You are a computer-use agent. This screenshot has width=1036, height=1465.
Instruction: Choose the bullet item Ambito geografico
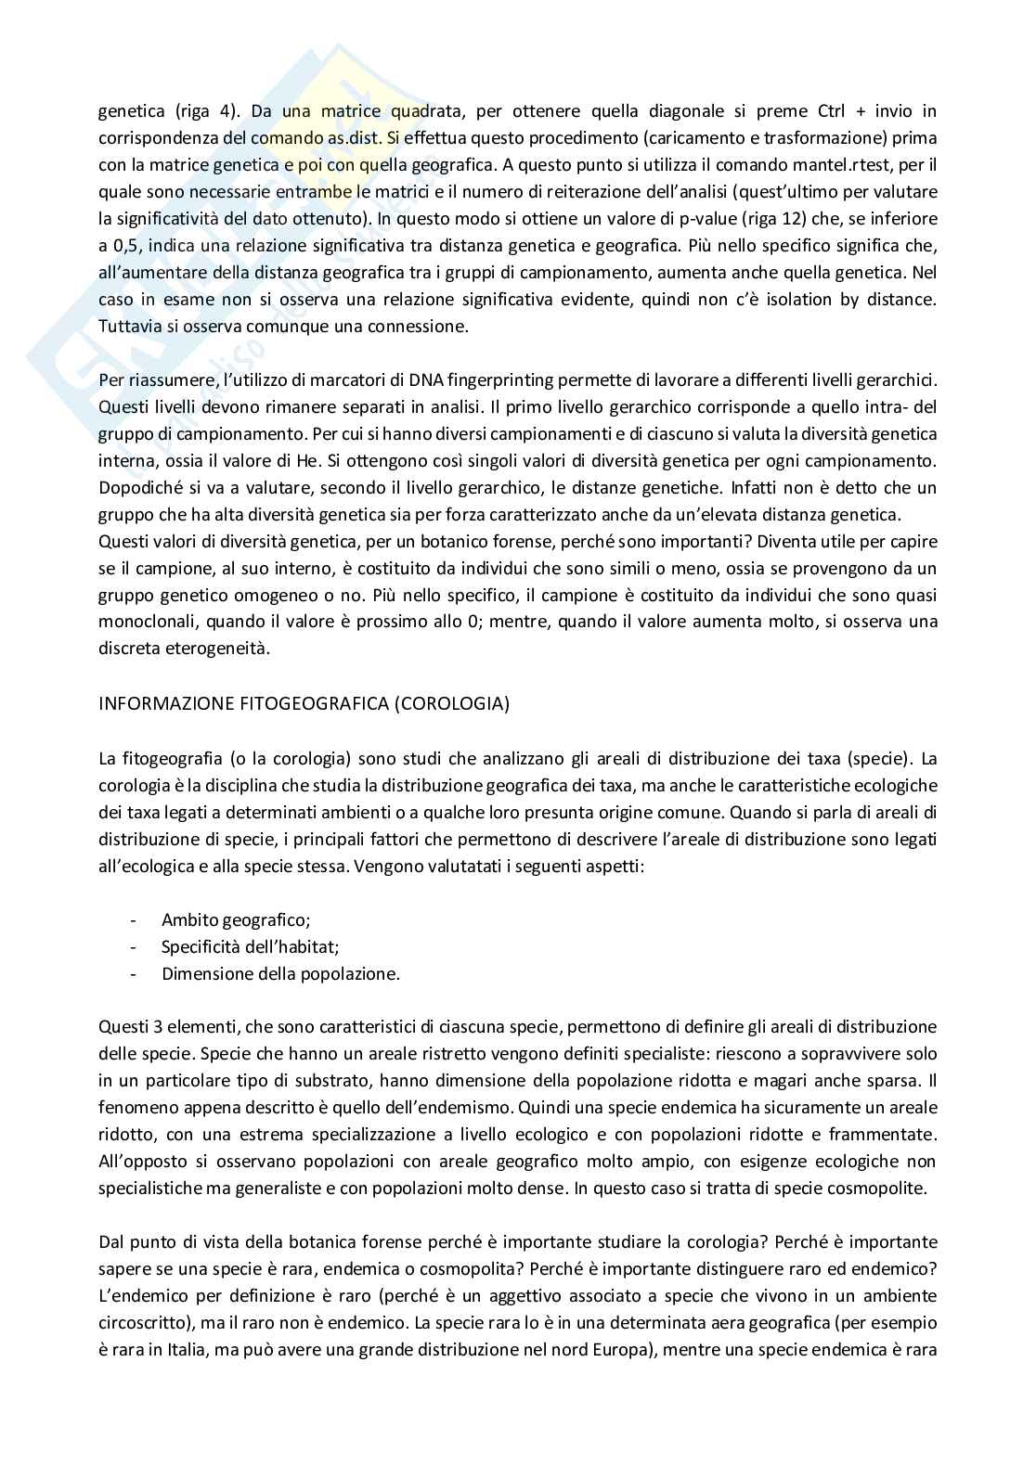click(x=235, y=919)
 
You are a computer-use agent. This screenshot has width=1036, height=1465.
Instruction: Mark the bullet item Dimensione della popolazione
click(x=280, y=973)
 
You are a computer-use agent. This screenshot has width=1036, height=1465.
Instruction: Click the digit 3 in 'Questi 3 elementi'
click(x=159, y=1027)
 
